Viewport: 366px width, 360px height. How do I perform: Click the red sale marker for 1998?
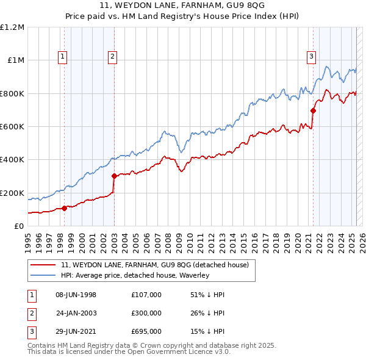point(64,208)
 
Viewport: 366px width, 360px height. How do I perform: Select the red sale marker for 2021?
point(313,111)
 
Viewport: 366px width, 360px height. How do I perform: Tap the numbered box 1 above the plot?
point(63,57)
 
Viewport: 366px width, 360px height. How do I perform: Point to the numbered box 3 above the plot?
point(311,57)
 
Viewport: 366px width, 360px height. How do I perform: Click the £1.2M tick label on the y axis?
point(12,27)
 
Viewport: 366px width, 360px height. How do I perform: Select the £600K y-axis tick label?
point(12,127)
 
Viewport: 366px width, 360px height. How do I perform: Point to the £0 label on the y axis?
point(18,226)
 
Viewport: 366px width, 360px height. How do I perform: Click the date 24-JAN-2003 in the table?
point(76,313)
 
